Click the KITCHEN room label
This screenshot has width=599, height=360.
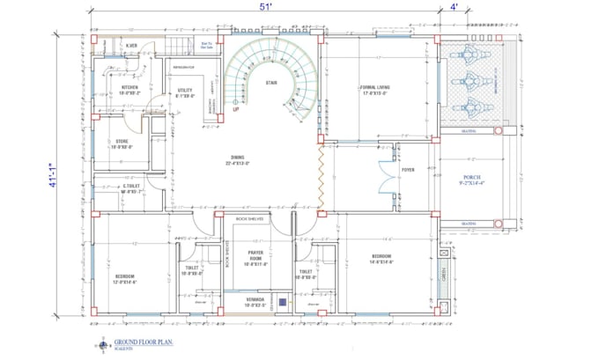pyautogui.click(x=130, y=88)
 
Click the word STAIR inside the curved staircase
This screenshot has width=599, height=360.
pyautogui.click(x=273, y=83)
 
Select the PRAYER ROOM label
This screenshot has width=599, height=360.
pyautogui.click(x=255, y=255)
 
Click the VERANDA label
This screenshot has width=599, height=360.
pyautogui.click(x=255, y=299)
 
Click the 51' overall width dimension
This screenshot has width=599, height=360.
pyautogui.click(x=264, y=6)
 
